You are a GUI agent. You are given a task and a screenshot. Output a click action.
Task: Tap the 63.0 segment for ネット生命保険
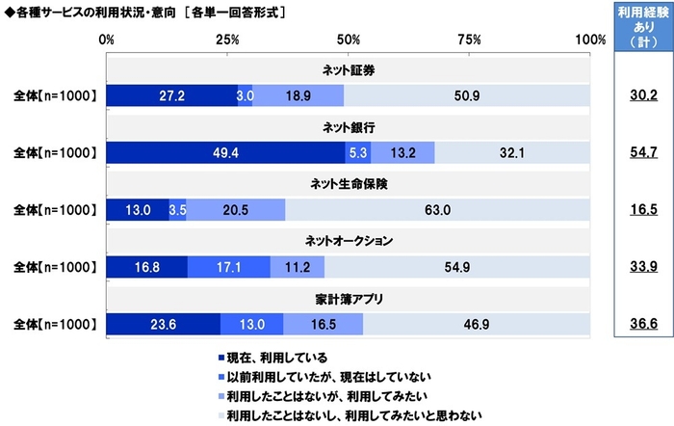click(x=436, y=208)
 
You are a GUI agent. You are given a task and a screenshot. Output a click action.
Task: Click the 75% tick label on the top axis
click(x=470, y=40)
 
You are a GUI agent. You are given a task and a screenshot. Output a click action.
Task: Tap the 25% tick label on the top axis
click(x=227, y=40)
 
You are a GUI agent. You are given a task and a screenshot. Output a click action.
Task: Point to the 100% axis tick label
click(x=589, y=40)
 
